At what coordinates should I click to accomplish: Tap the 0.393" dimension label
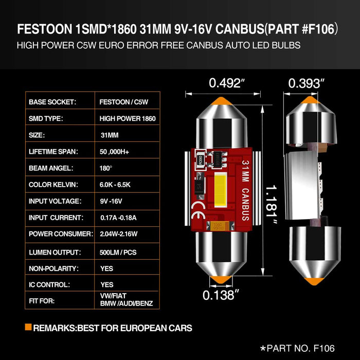[307, 83]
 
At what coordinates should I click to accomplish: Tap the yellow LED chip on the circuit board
[226, 185]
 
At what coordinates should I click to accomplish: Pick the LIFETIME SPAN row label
[53, 152]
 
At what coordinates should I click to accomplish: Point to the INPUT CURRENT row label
[56, 218]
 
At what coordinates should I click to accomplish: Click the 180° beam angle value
[106, 168]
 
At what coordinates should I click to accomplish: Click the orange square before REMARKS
[28, 327]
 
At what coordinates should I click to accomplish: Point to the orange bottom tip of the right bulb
[310, 280]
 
